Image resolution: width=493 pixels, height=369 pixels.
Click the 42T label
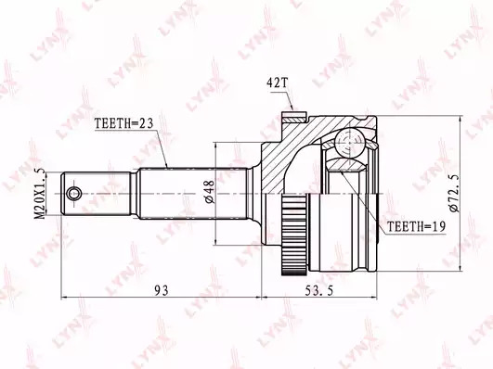[x=277, y=83]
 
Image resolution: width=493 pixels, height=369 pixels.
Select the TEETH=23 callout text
[x=123, y=123]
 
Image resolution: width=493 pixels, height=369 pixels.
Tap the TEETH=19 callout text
[x=416, y=226]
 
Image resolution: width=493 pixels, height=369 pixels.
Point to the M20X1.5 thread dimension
[x=40, y=193]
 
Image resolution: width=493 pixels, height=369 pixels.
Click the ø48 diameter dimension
[x=210, y=191]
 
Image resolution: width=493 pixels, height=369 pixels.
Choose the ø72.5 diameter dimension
[x=454, y=193]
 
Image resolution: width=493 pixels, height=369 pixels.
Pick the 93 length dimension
[x=162, y=290]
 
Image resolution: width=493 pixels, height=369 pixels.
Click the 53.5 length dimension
[x=319, y=291]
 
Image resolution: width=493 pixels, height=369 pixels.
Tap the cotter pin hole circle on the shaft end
[x=74, y=193]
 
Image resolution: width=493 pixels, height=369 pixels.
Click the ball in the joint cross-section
[x=349, y=142]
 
